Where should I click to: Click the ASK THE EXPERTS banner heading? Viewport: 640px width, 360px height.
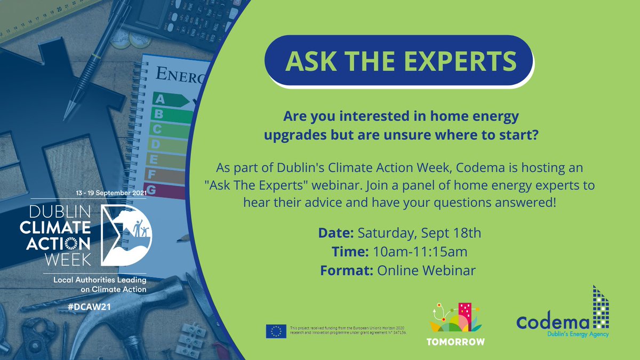401,61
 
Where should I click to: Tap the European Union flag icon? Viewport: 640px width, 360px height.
276,331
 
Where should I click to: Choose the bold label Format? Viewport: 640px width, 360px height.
347,270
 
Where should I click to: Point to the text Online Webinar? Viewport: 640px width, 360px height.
426,270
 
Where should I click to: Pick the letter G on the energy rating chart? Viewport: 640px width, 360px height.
152,189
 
